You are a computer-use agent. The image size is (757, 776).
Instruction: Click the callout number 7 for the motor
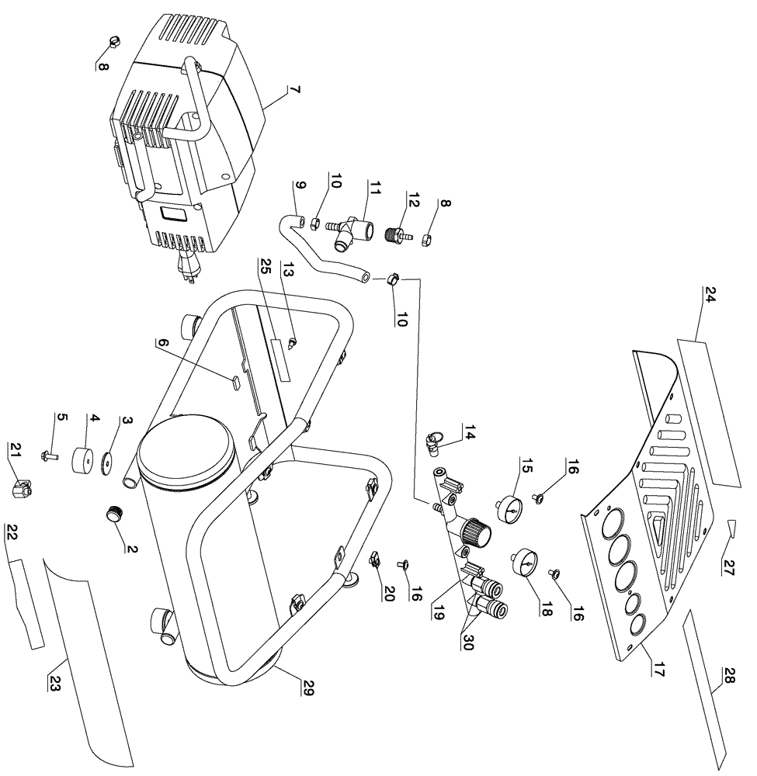tap(294, 91)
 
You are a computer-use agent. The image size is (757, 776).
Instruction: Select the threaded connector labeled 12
tap(398, 233)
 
